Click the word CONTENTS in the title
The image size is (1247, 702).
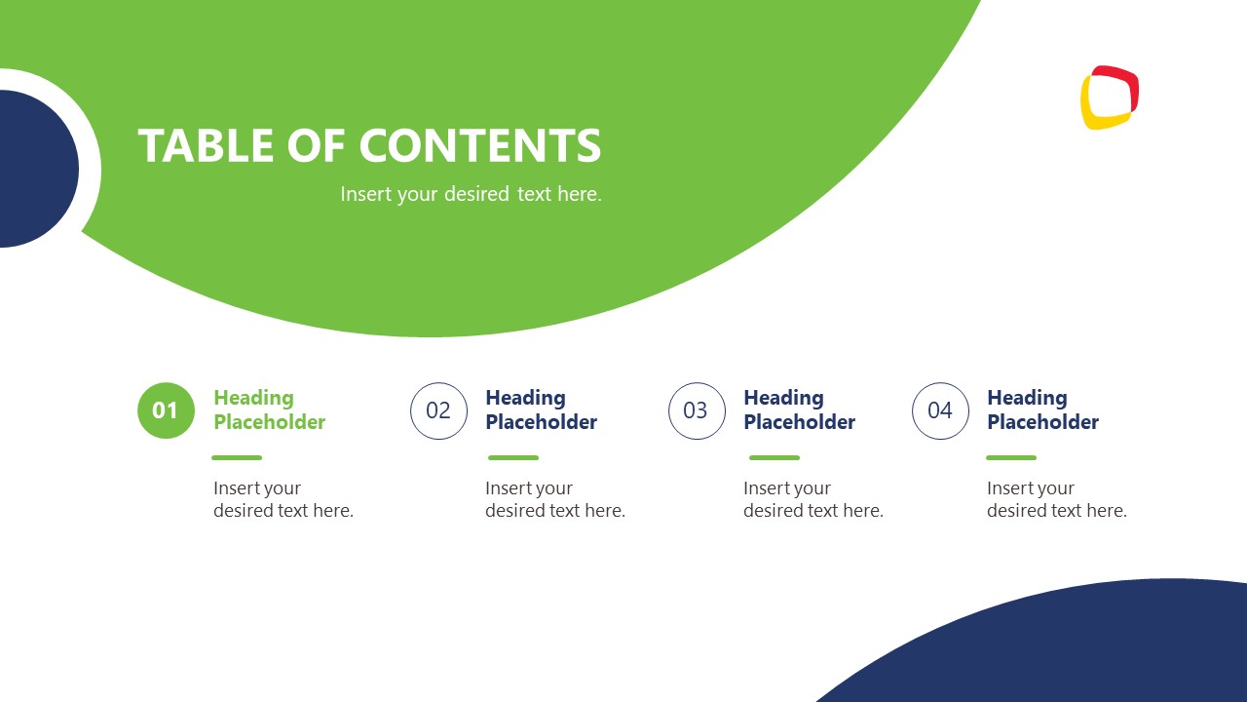[x=480, y=145]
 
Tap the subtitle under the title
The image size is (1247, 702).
[x=471, y=194]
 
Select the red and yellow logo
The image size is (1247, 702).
[x=1110, y=97]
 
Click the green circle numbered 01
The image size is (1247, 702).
[x=166, y=410]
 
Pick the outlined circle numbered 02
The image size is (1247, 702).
[x=438, y=410]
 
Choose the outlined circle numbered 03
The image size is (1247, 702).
[x=697, y=410]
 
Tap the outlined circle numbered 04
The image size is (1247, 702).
[x=940, y=410]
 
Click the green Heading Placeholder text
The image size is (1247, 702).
[x=269, y=409]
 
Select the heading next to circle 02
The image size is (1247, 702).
[x=541, y=409]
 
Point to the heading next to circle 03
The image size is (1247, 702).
[x=799, y=409]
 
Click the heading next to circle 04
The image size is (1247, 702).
[x=1042, y=409]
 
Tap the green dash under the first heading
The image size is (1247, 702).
[x=237, y=457]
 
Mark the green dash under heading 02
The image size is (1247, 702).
[x=513, y=457]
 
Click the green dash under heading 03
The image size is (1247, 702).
[x=775, y=457]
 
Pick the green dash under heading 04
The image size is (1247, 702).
[x=1011, y=457]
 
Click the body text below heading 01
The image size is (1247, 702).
[x=283, y=499]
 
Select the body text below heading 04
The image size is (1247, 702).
[x=1056, y=499]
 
